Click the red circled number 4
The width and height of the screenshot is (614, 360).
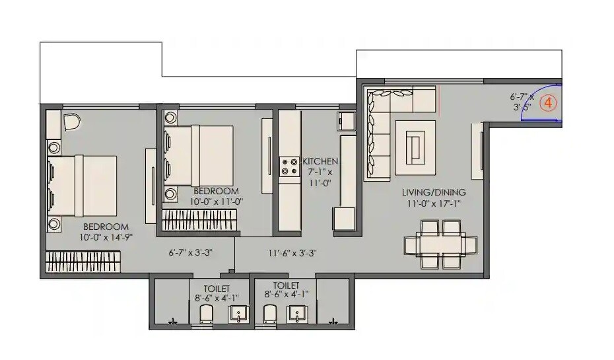tap(549, 103)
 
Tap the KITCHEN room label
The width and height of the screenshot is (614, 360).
tap(321, 161)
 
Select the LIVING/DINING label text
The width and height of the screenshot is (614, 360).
tap(434, 193)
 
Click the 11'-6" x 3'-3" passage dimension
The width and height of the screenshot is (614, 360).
tap(293, 252)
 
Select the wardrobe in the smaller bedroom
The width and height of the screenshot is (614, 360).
tap(195, 219)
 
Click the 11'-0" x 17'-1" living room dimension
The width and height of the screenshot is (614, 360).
tap(434, 204)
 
